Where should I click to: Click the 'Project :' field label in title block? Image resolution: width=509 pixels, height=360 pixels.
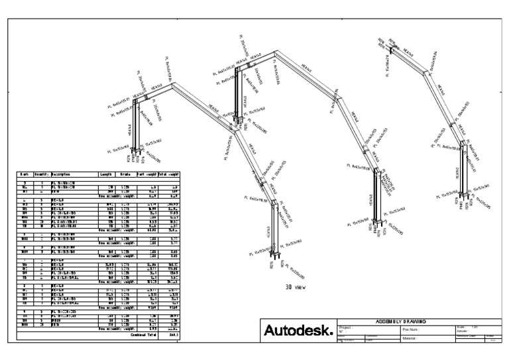point(347,327)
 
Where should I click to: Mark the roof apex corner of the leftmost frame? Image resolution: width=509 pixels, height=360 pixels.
point(174,84)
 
